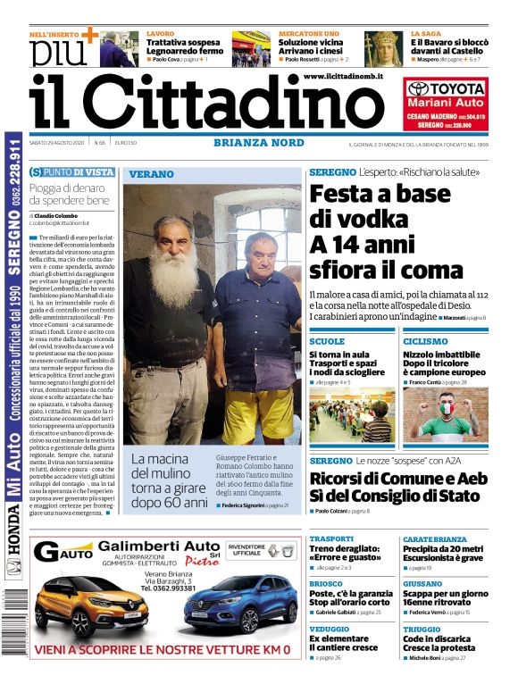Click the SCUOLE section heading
pyautogui.click(x=327, y=341)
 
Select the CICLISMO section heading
pyautogui.click(x=425, y=341)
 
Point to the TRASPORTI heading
pyautogui.click(x=332, y=538)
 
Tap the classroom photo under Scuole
pyautogui.click(x=351, y=416)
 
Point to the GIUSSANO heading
pyautogui.click(x=422, y=584)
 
